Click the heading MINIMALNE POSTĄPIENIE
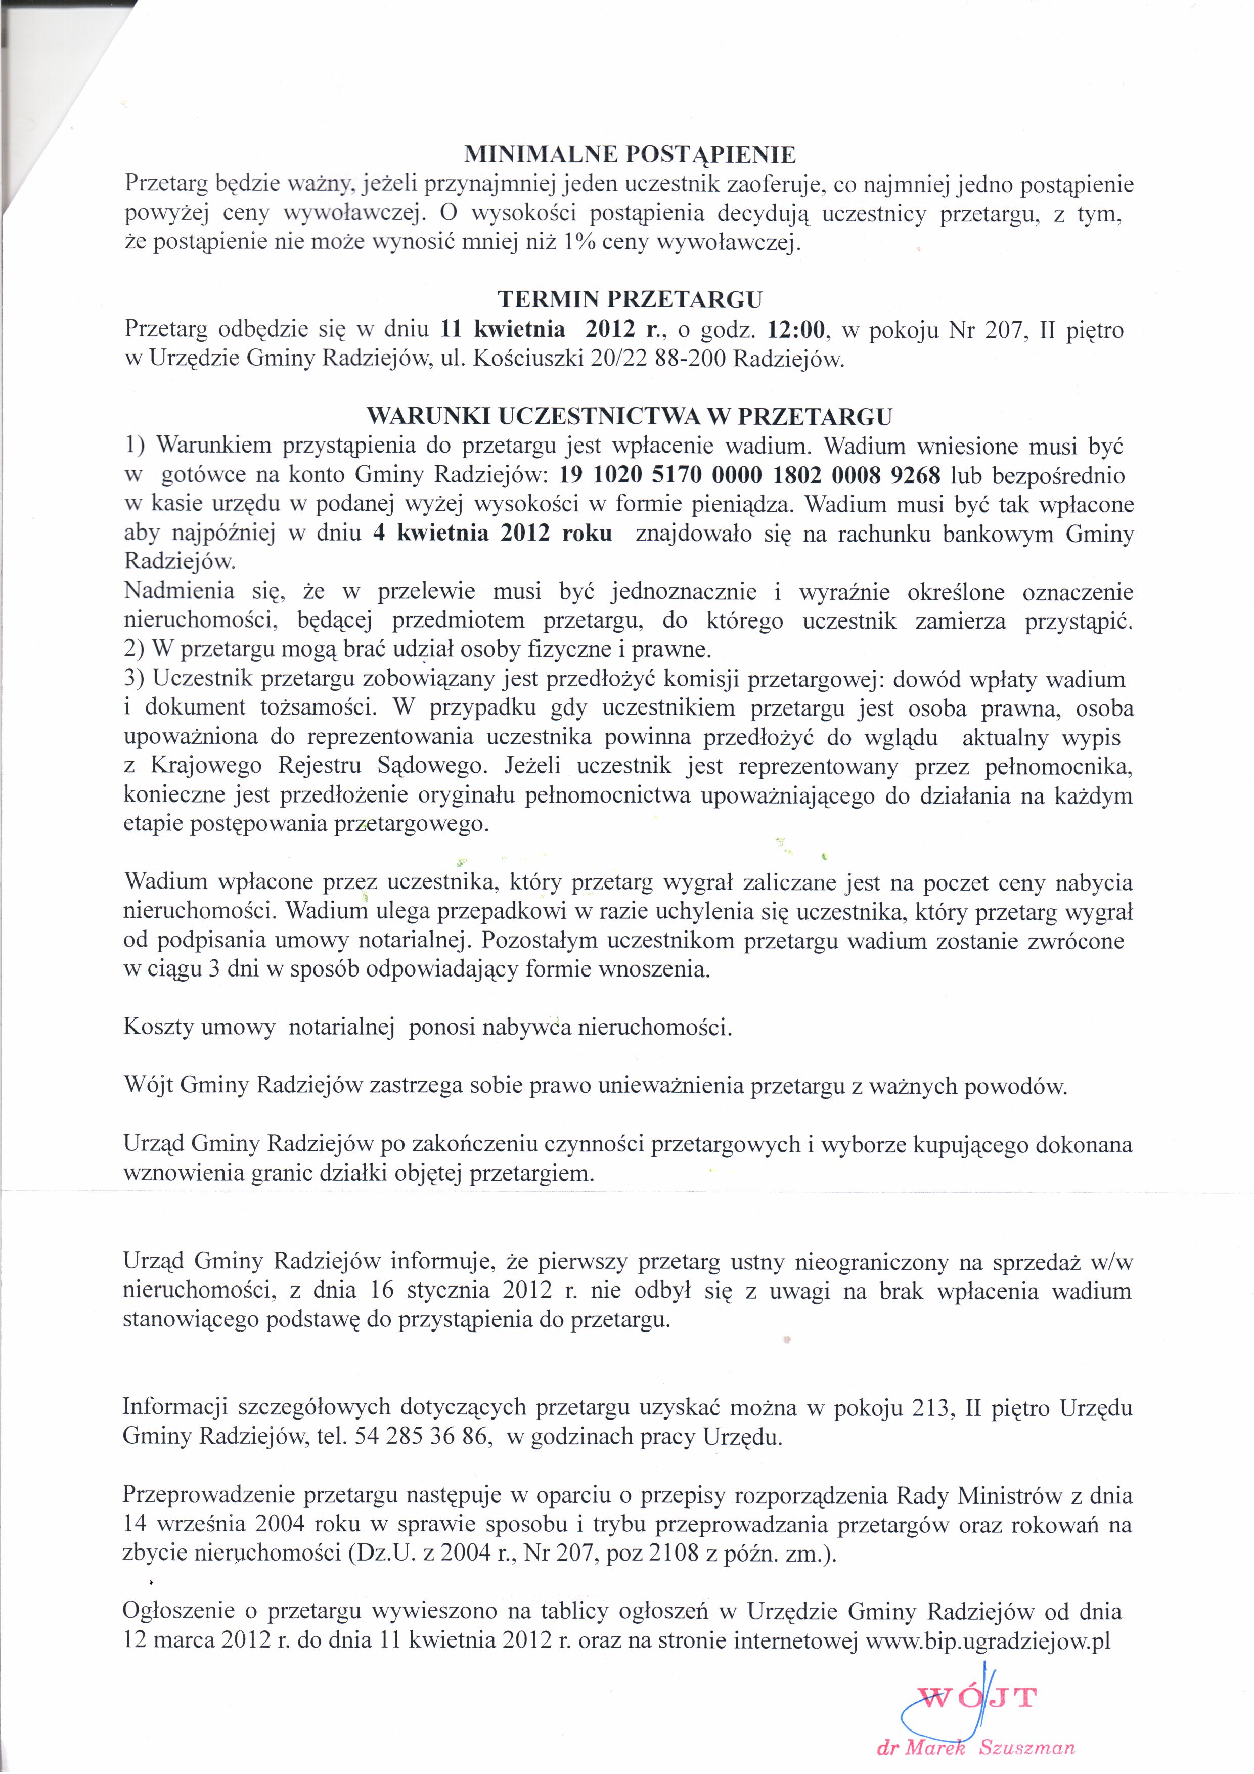click(x=629, y=155)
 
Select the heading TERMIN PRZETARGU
click(x=630, y=299)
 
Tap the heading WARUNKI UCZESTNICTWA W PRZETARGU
click(x=629, y=417)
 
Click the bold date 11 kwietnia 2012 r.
click(x=545, y=330)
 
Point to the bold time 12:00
click(x=796, y=330)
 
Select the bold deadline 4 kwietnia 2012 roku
click(x=492, y=534)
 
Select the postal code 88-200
click(x=692, y=360)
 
